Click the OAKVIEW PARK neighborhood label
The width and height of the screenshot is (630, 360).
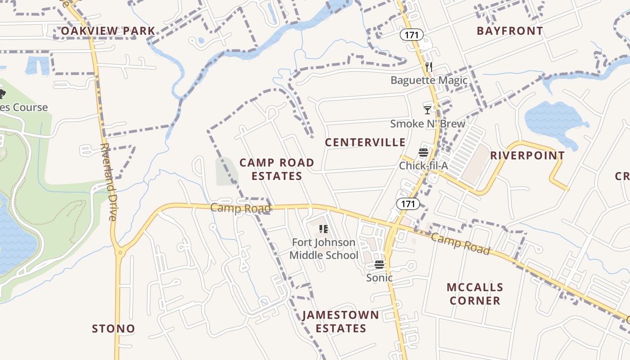[108, 31]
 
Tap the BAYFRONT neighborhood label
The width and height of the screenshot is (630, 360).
[510, 31]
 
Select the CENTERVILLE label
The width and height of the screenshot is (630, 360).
[365, 143]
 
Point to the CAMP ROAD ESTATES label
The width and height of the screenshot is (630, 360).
[277, 169]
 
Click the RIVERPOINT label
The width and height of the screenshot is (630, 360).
[527, 156]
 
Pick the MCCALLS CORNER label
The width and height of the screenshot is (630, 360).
[475, 294]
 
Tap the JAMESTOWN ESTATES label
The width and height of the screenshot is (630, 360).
[341, 322]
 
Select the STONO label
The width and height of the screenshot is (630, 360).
[113, 329]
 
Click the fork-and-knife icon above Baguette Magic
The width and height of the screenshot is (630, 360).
[429, 67]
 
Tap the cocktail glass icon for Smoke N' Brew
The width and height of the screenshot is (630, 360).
[427, 110]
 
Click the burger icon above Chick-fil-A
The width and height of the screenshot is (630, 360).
[423, 153]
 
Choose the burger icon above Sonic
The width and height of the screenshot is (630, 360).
[379, 265]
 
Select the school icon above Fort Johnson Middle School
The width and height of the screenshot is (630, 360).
[323, 229]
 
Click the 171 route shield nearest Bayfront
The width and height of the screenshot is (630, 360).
[412, 35]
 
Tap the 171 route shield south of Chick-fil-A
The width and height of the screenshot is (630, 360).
[408, 204]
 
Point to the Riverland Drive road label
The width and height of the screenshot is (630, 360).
[108, 181]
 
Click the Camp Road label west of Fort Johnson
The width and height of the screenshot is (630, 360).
[240, 208]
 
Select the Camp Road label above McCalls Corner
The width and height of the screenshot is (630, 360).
[460, 244]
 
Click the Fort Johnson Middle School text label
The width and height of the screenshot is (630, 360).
[324, 249]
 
